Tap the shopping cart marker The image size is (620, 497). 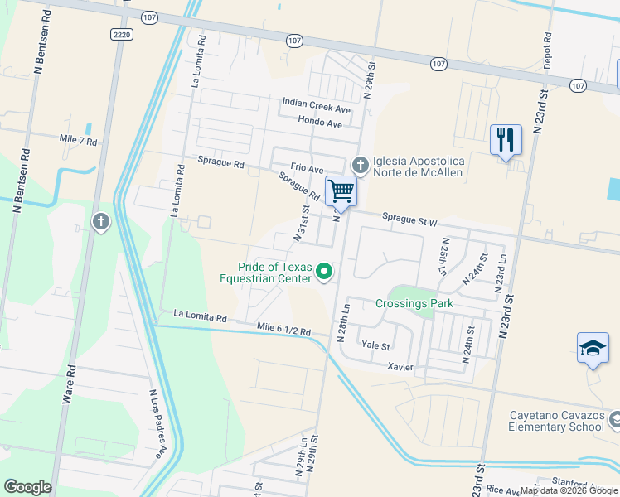[x=341, y=191]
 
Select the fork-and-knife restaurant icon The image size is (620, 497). [x=506, y=140]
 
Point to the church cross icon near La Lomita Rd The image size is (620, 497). [x=100, y=221]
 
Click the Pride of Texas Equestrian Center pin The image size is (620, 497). [x=325, y=271]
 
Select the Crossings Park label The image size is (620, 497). [x=414, y=304]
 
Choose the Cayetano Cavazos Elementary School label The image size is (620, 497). [x=544, y=420]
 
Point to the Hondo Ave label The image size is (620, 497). [x=321, y=123]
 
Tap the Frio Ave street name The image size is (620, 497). [x=306, y=168]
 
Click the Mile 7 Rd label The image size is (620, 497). [x=78, y=142]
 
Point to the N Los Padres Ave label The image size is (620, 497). [x=157, y=424]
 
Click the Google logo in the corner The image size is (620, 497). [x=27, y=486]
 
